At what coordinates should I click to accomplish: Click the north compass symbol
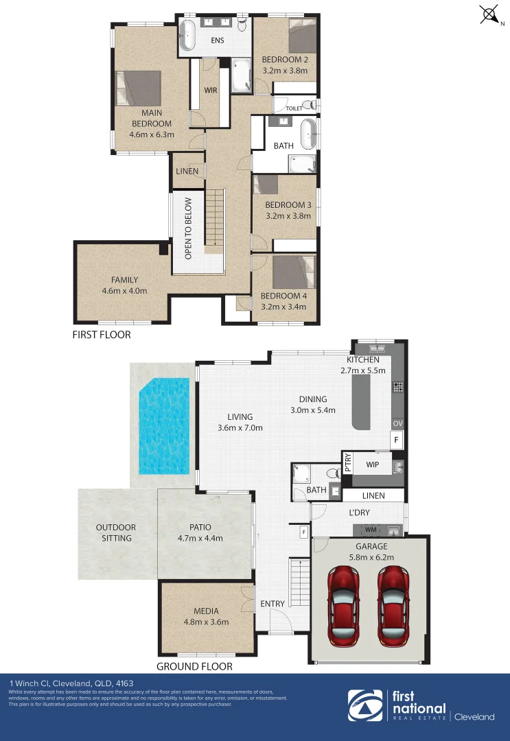(490, 14)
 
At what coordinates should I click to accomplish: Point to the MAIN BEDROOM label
(152, 118)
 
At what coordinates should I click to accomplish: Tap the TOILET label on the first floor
(294, 108)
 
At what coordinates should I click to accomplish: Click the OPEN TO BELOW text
(187, 228)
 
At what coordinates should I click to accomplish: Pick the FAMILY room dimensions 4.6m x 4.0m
(125, 291)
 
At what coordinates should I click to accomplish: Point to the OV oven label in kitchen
(397, 423)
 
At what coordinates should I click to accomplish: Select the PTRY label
(348, 464)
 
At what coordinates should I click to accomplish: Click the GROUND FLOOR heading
(194, 666)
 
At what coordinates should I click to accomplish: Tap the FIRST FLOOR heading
(102, 336)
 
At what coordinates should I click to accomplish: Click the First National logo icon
(365, 707)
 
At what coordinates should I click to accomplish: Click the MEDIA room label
(206, 611)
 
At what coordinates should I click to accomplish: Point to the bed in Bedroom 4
(293, 272)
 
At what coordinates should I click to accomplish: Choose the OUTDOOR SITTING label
(116, 532)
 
